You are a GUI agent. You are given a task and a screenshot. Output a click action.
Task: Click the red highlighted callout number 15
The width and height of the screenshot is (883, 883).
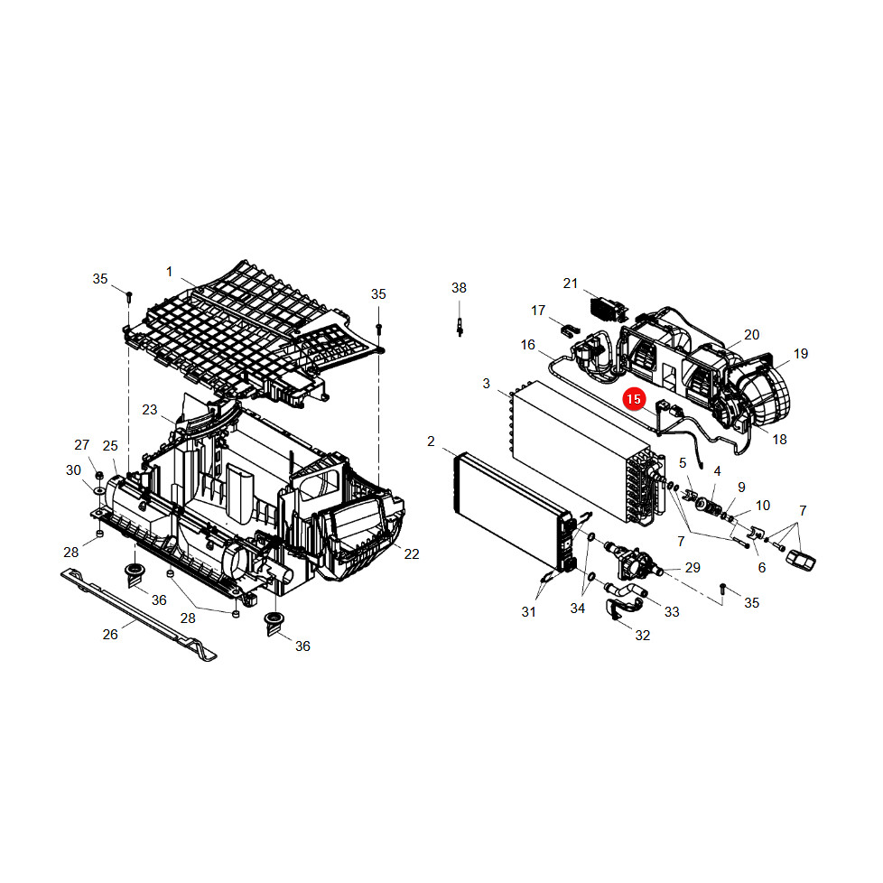[x=634, y=399]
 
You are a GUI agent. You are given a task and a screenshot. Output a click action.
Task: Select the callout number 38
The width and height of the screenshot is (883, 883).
[x=459, y=288]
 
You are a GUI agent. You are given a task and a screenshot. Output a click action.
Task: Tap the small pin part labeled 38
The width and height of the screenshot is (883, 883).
[x=460, y=327]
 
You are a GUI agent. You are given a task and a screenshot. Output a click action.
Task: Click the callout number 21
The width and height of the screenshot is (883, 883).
[x=571, y=283]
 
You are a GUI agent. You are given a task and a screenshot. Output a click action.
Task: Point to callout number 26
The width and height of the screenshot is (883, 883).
[x=110, y=635]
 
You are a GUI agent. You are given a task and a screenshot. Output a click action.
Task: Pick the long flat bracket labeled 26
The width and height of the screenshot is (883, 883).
[x=138, y=614]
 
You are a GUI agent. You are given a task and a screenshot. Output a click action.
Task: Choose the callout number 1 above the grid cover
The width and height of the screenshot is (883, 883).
[x=169, y=272]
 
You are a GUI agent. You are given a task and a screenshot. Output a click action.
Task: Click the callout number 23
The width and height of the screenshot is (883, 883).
[x=149, y=409]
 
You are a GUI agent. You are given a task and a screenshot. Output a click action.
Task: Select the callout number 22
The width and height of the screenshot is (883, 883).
[x=412, y=554]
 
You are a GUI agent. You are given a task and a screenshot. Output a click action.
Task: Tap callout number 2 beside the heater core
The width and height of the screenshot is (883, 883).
[x=431, y=441]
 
